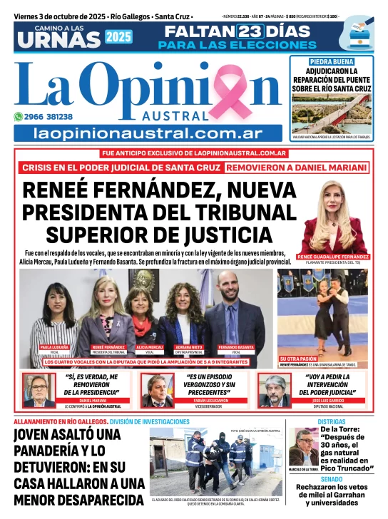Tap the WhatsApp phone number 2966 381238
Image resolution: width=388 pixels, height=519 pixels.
tap(49, 116)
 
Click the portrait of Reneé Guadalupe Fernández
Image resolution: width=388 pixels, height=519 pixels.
tap(334, 217)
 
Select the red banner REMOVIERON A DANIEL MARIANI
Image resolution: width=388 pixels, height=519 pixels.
tap(296, 168)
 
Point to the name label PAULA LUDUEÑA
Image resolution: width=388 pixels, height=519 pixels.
tap(54, 347)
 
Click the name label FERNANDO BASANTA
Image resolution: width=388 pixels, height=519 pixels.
tap(235, 347)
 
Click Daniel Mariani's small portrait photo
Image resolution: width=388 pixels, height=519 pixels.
tap(39, 389)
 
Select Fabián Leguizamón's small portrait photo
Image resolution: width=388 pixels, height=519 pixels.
tap(156, 389)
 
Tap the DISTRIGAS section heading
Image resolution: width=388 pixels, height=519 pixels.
tap(332, 422)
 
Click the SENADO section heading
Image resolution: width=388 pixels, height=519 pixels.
tap(332, 479)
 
